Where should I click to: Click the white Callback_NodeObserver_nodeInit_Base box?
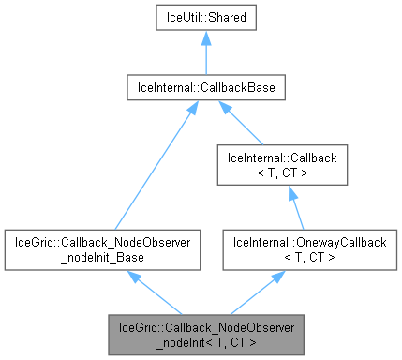pos(104,248)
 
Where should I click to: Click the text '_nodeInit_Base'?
pos(104,256)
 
